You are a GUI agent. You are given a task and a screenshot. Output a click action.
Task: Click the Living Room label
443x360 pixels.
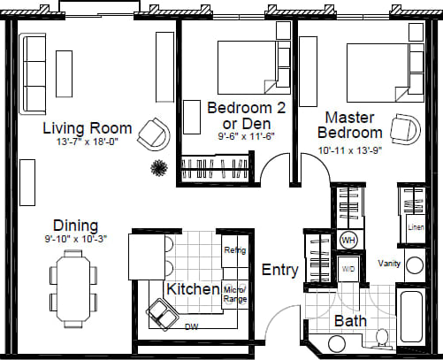click(88, 128)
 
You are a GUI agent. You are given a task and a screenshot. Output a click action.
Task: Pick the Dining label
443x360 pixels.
click(75, 226)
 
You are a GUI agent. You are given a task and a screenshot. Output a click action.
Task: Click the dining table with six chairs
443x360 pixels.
click(73, 285)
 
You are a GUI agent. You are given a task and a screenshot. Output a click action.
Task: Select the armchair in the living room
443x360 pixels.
click(157, 134)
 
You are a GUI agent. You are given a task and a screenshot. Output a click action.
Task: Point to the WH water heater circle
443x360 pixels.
click(348, 241)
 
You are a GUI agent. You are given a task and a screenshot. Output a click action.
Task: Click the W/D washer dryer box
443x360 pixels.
click(348, 266)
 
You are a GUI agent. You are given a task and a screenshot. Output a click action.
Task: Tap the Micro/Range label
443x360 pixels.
click(234, 295)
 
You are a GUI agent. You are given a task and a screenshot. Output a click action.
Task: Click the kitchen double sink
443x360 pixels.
click(161, 312)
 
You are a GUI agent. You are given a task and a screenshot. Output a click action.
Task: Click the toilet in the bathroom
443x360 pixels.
click(381, 339)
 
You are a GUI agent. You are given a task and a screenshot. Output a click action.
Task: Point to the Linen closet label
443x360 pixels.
click(415, 227)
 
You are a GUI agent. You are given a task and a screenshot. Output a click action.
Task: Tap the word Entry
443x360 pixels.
click(279, 270)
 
